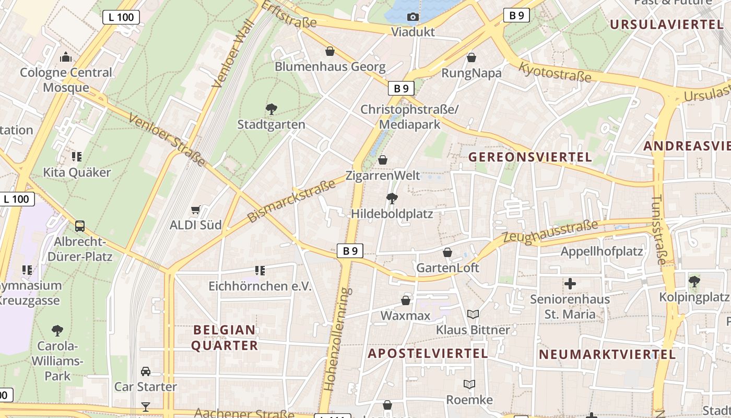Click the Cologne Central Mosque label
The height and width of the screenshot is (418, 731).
click(x=66, y=80)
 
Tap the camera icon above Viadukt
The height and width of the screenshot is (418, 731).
click(x=413, y=17)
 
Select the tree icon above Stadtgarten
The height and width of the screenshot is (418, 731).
click(x=271, y=109)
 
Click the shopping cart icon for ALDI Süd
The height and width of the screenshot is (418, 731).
click(x=196, y=210)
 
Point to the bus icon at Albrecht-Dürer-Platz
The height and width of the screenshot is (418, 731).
click(x=80, y=226)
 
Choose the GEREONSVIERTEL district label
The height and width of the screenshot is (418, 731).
click(x=530, y=157)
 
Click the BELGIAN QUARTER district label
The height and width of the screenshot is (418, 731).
click(x=225, y=338)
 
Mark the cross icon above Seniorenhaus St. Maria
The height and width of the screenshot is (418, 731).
click(x=570, y=284)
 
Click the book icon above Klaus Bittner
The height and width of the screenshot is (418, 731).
click(x=473, y=315)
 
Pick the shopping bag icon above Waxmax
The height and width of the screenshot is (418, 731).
click(x=406, y=300)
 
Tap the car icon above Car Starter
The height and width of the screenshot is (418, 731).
click(x=146, y=371)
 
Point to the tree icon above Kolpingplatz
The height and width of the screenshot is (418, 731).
click(x=694, y=282)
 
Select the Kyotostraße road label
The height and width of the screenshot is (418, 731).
click(x=555, y=72)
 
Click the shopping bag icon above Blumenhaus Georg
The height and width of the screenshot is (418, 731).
click(x=330, y=51)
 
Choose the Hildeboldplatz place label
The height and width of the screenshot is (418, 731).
click(x=392, y=214)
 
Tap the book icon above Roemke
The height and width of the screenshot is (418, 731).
click(x=469, y=385)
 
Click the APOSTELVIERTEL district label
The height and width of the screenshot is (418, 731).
click(x=428, y=354)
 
